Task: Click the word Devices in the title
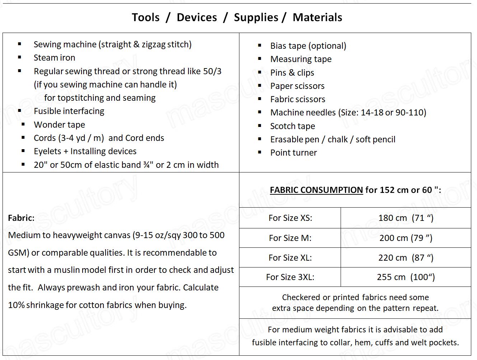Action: tap(197, 17)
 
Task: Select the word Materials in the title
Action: tap(317, 17)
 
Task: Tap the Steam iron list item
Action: tap(54, 58)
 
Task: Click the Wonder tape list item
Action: tap(59, 125)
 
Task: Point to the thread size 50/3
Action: tap(212, 71)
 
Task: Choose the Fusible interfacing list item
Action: tap(69, 111)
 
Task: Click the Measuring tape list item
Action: tap(301, 59)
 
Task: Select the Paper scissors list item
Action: tap(297, 86)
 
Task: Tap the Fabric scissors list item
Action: tap(298, 99)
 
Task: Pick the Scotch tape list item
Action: tap(293, 126)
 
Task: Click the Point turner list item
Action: tap(293, 153)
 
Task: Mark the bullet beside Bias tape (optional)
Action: tap(259, 46)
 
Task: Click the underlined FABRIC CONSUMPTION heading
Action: tap(316, 190)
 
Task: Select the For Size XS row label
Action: tap(290, 218)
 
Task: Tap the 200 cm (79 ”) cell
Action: tap(406, 238)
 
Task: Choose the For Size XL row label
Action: tap(290, 258)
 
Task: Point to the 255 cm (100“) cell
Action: tap(406, 277)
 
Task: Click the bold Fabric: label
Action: tap(21, 218)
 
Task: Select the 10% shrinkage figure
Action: tap(16, 305)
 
